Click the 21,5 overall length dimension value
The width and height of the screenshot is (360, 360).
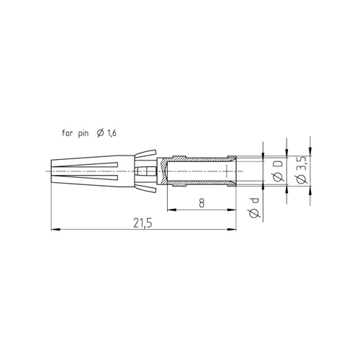[143, 223]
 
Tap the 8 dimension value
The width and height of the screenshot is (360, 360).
[202, 203]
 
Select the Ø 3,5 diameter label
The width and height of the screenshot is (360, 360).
[302, 171]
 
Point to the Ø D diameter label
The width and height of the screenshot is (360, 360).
[278, 171]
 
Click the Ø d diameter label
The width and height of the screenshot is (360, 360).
[255, 208]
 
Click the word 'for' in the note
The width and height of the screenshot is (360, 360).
[67, 132]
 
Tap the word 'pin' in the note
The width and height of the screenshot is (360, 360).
[84, 133]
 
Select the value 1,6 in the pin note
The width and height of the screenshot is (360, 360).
[112, 133]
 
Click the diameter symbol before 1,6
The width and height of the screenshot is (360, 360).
[101, 133]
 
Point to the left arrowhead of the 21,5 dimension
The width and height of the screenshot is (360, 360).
[55, 230]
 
